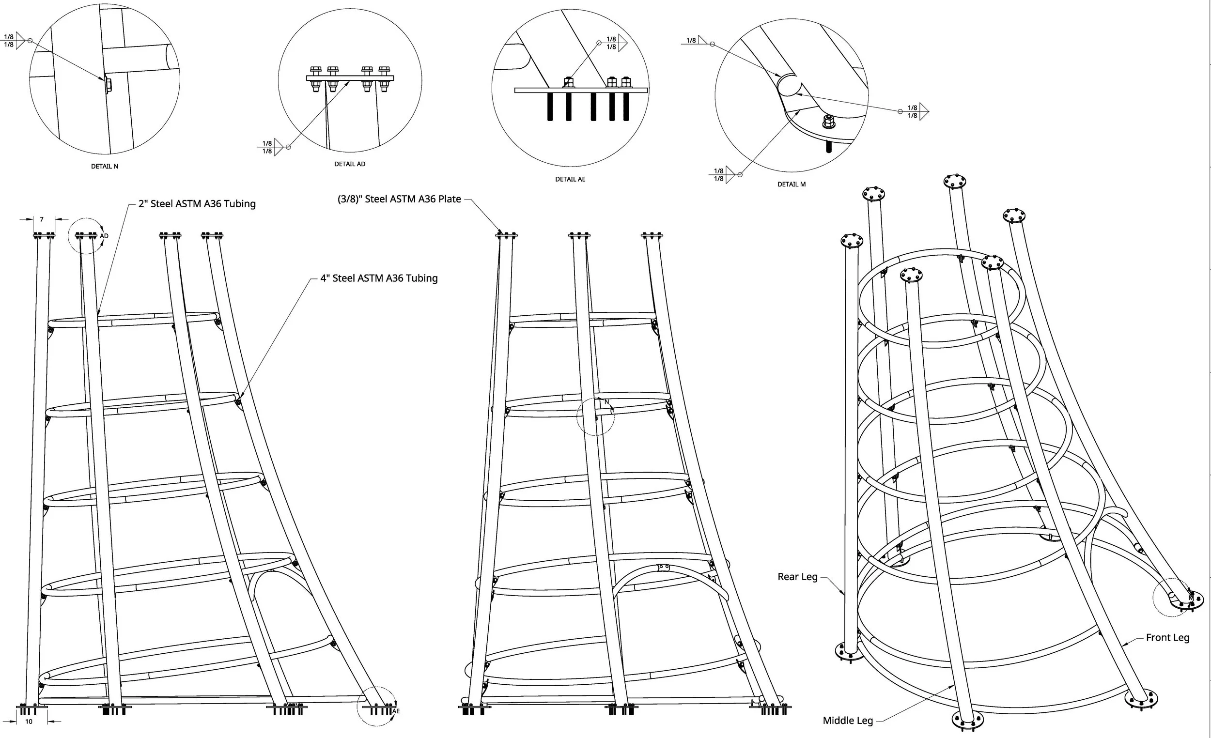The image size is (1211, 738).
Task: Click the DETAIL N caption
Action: (x=104, y=167)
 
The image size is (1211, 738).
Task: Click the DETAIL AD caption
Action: (x=349, y=164)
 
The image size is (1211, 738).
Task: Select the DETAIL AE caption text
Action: (x=570, y=179)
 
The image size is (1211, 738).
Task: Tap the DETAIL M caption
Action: (x=792, y=184)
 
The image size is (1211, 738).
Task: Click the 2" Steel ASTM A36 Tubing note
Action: (x=197, y=204)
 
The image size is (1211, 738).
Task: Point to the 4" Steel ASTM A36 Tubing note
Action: (x=378, y=278)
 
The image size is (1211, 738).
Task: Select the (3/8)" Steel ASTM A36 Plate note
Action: (x=399, y=200)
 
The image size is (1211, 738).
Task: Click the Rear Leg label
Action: (x=797, y=577)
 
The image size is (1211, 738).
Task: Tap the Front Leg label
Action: (x=1167, y=638)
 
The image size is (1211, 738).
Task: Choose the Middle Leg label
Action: (x=848, y=721)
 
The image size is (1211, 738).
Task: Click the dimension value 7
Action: (x=42, y=220)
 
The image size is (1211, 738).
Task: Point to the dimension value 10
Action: (x=29, y=722)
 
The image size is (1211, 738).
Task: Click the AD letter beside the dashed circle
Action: (x=104, y=236)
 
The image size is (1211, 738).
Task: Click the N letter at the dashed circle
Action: (x=606, y=402)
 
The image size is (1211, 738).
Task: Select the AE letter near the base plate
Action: (x=396, y=711)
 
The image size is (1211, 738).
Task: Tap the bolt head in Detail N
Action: (x=108, y=86)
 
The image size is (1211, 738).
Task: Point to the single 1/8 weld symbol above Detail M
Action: (x=694, y=41)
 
